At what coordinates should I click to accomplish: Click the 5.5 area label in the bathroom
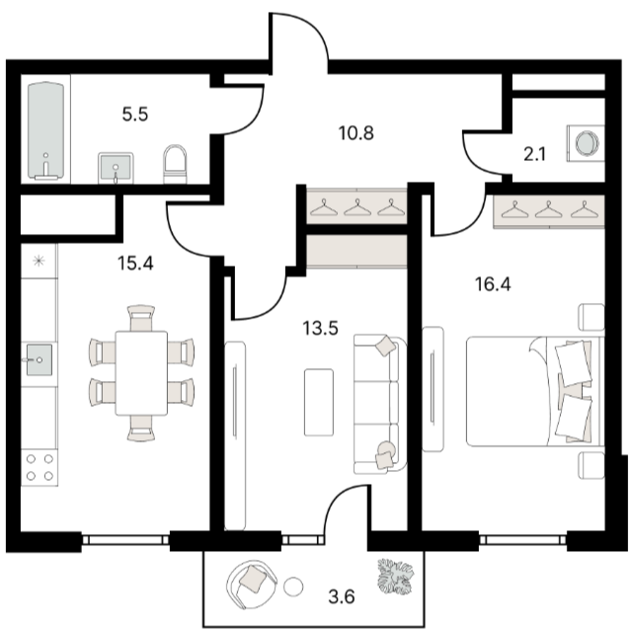pos(135,115)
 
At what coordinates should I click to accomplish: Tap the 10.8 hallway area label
pos(356,132)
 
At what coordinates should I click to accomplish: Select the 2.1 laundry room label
pos(535,154)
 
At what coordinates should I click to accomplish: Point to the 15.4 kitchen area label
pos(135,263)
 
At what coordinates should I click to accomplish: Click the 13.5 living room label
pos(321,328)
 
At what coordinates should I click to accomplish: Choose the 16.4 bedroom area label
pos(493,284)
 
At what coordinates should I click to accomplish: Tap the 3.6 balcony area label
pos(342,596)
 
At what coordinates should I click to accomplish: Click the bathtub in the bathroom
pos(46,130)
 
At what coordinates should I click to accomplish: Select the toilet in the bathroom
pos(175,164)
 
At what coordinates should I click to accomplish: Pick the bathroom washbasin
pos(116,168)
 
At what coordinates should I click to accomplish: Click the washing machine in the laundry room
pos(586,144)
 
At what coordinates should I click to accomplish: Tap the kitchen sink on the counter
pos(40,359)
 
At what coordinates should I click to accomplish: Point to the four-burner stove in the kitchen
pos(40,467)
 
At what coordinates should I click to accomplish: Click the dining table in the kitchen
pos(141,373)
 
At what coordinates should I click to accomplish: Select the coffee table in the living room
pos(319,402)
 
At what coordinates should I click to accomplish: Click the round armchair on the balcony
pos(252,585)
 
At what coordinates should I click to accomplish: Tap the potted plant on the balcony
pos(395,577)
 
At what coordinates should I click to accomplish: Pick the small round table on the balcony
pos(293,587)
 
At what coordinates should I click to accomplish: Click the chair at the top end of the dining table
pos(141,318)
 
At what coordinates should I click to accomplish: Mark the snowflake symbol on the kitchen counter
pos(39,261)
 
